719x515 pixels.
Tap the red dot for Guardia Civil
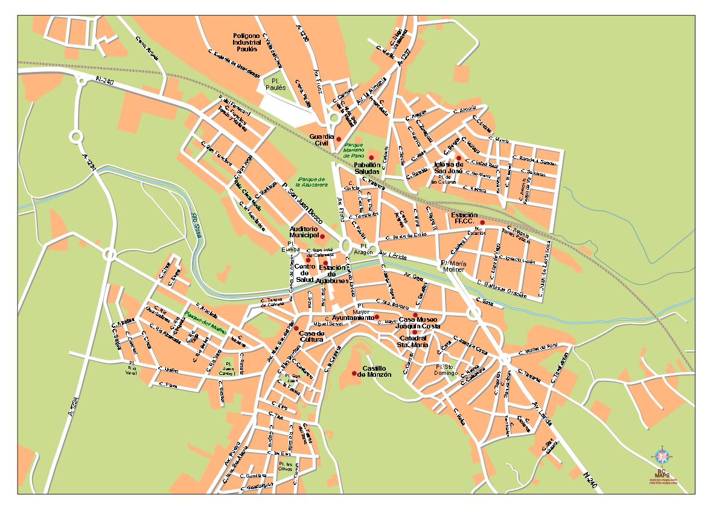pos(338,139)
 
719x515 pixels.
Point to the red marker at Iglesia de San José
pos(459,158)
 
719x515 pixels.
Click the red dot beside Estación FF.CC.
pos(482,222)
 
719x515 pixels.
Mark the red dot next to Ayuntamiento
pos(377,317)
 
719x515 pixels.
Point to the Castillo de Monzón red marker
pos(354,373)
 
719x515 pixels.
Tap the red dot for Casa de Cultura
pos(296,328)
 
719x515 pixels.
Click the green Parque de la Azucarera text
pos(312,181)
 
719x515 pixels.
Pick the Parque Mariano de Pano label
pos(354,150)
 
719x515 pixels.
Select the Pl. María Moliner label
pos(453,267)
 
